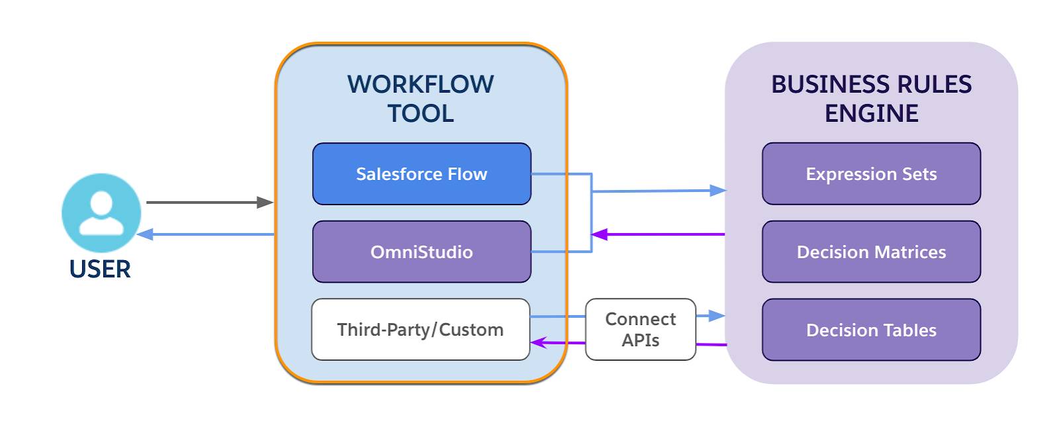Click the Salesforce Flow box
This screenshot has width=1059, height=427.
[422, 173]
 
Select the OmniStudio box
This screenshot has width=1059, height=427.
[422, 252]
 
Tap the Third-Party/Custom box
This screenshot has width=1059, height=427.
[421, 329]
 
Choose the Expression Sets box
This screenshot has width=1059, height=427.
[871, 173]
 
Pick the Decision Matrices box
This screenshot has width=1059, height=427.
[871, 252]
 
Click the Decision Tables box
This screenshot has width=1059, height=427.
[871, 330]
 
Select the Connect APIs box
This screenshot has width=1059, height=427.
[641, 329]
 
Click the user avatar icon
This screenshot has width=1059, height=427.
[101, 213]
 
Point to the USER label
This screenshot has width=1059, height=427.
[100, 269]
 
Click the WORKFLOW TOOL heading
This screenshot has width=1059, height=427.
[421, 99]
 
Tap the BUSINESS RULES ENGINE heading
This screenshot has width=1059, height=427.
[871, 99]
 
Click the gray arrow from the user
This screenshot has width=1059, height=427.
[210, 203]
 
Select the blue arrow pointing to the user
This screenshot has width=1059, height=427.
[206, 234]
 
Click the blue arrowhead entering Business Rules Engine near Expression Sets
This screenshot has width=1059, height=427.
[718, 191]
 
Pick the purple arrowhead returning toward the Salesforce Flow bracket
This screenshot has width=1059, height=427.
[599, 234]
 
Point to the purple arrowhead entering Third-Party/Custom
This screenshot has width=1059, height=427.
[539, 342]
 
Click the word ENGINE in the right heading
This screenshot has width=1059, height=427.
[871, 113]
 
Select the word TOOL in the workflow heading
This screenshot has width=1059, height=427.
[421, 113]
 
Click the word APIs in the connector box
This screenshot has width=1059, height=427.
[641, 340]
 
